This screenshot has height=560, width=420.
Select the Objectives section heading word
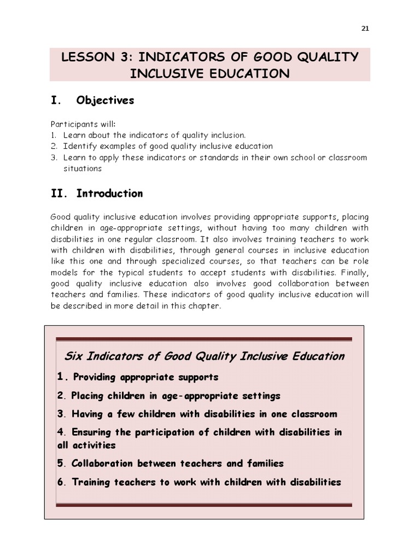[x=105, y=101]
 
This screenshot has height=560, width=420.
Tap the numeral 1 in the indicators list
[x=61, y=376]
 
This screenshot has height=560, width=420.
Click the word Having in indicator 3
[x=86, y=414]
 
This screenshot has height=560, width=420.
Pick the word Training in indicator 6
[x=91, y=482]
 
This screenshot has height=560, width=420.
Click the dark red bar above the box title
[x=203, y=339]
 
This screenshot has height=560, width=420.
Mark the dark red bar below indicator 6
[x=203, y=505]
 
